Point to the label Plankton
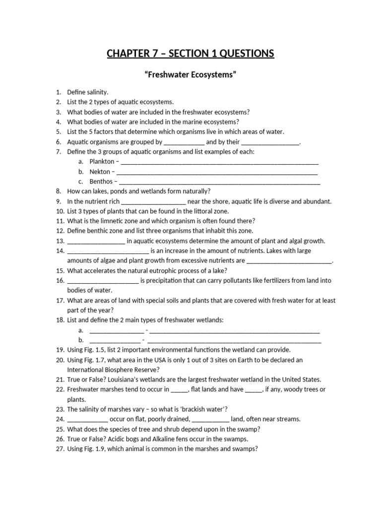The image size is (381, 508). tap(102, 162)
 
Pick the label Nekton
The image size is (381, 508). tap(100, 172)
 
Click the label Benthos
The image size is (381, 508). tap(101, 182)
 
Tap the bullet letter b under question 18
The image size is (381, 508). tap(80, 340)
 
